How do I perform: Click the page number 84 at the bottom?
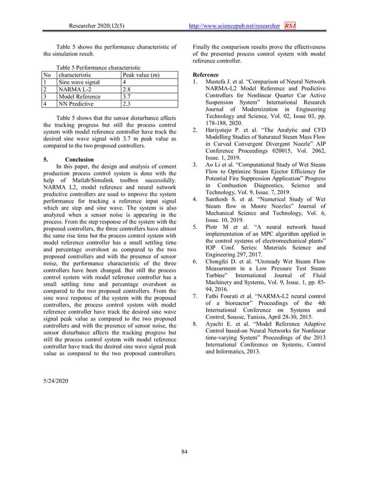[x=184, y=451]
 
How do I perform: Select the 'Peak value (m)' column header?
[x=141, y=74]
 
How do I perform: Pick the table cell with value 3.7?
[x=127, y=97]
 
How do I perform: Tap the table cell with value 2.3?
[x=127, y=105]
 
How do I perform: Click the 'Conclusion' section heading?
[x=79, y=159]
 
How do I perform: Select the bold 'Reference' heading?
[x=205, y=75]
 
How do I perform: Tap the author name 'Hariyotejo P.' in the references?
[x=224, y=131]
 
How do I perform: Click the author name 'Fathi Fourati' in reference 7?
[x=223, y=296]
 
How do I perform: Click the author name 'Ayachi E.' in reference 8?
[x=219, y=325]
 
